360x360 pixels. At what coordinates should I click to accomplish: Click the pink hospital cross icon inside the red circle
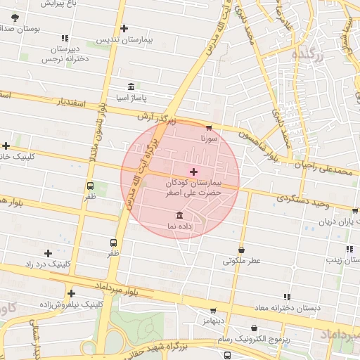(x=194, y=172)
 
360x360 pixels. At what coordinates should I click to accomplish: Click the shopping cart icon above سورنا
(x=209, y=128)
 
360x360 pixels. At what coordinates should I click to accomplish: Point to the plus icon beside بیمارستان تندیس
(x=124, y=29)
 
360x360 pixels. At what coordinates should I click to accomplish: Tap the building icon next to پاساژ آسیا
(x=131, y=86)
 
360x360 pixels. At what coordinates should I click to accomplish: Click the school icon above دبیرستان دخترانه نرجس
(x=65, y=39)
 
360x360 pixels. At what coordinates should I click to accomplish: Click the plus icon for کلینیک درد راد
(x=48, y=253)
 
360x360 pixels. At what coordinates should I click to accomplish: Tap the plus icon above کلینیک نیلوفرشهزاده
(x=71, y=293)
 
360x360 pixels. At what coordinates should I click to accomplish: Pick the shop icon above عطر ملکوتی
(x=241, y=250)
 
